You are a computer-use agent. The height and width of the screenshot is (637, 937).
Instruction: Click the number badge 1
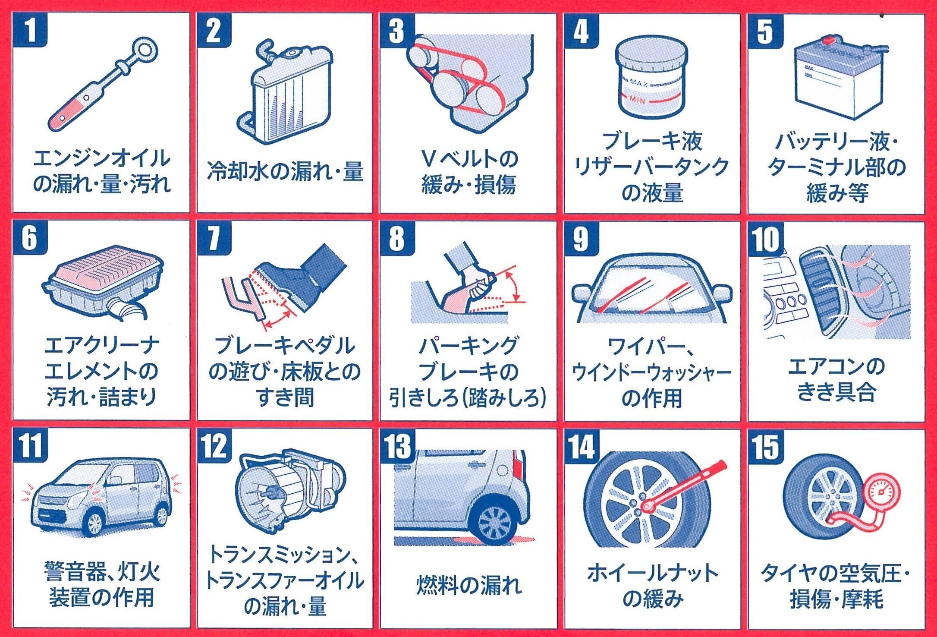coord(30,29)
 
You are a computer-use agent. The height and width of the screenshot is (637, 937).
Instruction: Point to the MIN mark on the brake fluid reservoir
coord(637,100)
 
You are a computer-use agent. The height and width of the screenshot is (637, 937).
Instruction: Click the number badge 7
coord(214,237)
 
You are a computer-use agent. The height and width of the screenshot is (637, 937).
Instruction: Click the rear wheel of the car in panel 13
coord(494,523)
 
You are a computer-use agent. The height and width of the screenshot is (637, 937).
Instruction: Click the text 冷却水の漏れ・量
coord(285,171)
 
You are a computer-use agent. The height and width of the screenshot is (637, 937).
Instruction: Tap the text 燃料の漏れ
coord(468,585)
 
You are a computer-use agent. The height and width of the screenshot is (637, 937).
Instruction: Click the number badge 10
coord(766,238)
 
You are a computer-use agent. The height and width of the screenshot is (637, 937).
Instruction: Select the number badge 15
coord(766,446)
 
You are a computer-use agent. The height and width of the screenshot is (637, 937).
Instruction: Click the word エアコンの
coord(836,367)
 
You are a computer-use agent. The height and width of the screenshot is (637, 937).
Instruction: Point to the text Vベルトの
coord(469,159)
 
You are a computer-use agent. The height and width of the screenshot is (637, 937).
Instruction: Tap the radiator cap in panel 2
coord(292,53)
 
